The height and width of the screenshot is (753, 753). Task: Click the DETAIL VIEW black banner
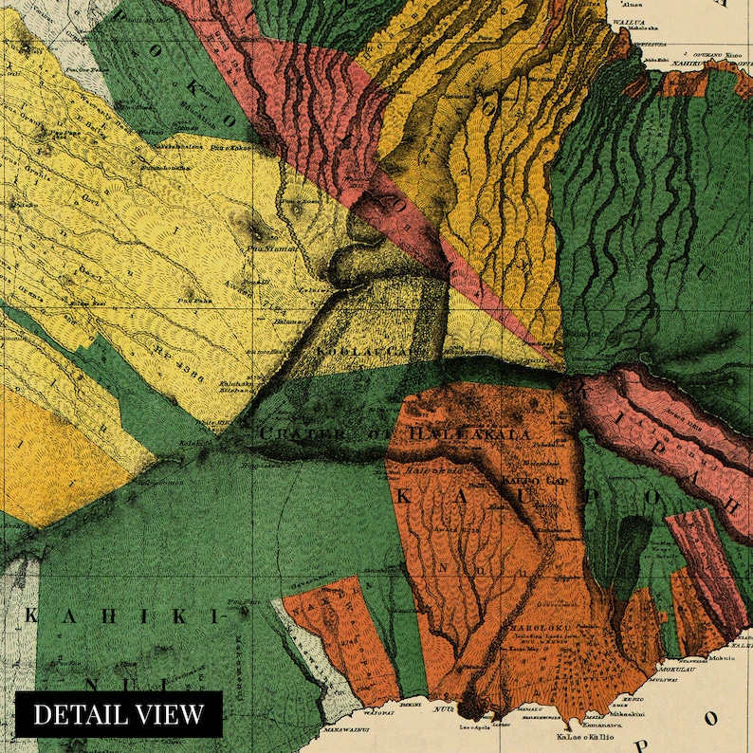pos(119,714)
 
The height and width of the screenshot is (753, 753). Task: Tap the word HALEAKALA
pos(470,433)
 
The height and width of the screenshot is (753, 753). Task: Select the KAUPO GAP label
pos(537,481)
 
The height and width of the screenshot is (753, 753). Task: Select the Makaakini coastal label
pos(607,713)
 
